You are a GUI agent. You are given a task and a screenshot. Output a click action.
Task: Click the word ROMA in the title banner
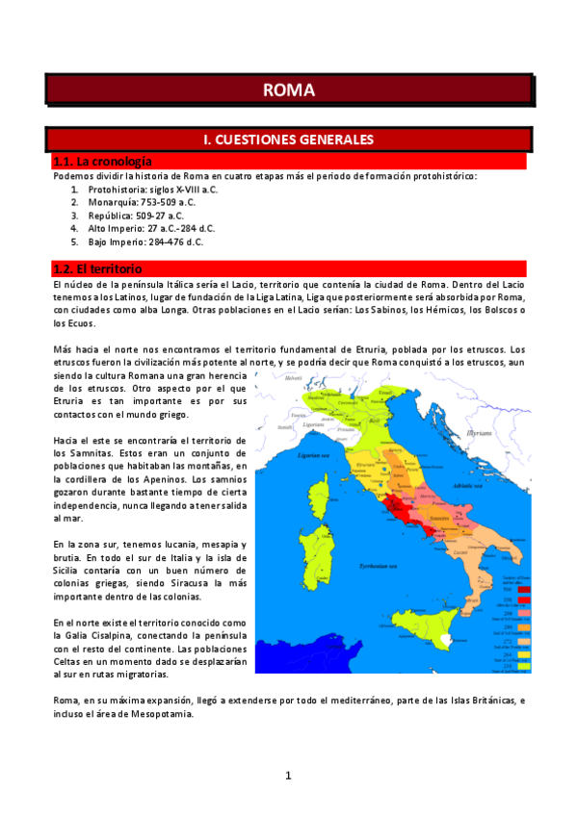click(x=288, y=90)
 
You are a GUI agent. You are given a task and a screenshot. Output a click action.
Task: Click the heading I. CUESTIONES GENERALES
click(x=288, y=140)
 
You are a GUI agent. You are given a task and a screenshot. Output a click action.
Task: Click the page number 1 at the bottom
click(x=287, y=776)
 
